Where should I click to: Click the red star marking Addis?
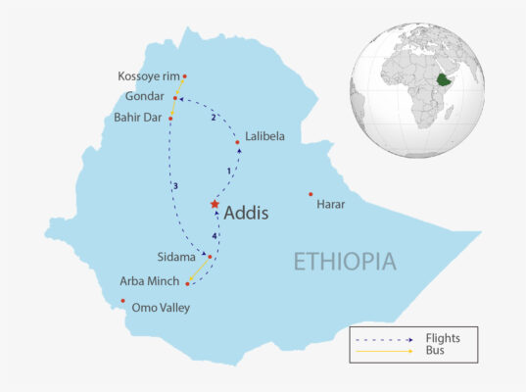tap(215, 204)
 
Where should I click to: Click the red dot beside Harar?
tap(311, 194)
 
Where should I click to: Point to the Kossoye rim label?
tap(148, 76)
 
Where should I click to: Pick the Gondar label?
tap(145, 97)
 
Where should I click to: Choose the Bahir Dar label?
tap(138, 118)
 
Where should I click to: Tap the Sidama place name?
tap(179, 257)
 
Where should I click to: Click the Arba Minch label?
tap(152, 282)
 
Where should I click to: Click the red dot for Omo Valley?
tap(122, 301)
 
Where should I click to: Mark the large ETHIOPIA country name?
tap(346, 262)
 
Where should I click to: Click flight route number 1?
tap(228, 171)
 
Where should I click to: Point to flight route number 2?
tap(213, 119)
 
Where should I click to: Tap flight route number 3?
tap(175, 186)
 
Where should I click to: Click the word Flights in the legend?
tap(443, 338)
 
